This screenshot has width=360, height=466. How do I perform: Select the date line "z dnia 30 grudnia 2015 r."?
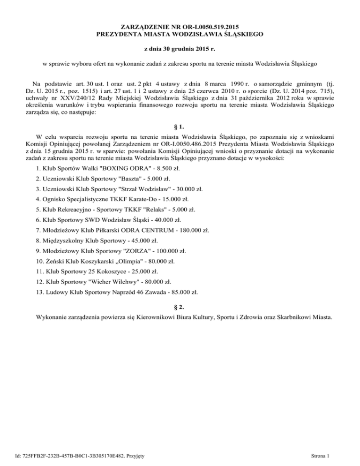click(x=180, y=48)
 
